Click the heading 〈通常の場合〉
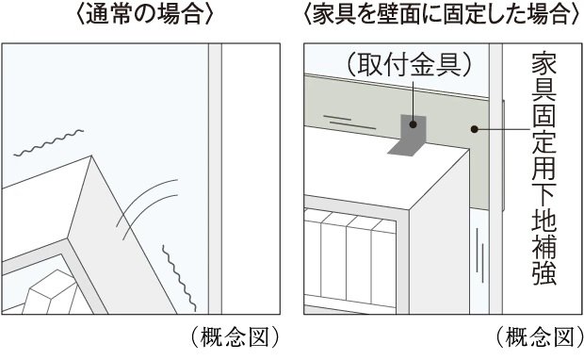click(144, 15)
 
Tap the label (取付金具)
click(409, 65)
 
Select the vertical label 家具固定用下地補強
click(543, 169)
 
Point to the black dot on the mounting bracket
click(414, 124)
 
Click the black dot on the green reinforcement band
click(474, 129)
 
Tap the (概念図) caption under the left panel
click(235, 336)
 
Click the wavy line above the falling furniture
click(48, 142)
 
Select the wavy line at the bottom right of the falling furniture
click(179, 278)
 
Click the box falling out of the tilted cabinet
click(52, 292)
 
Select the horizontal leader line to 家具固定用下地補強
click(503, 129)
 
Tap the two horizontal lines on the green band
click(349, 123)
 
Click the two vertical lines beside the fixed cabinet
click(480, 255)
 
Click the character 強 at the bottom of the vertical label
click(543, 274)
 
